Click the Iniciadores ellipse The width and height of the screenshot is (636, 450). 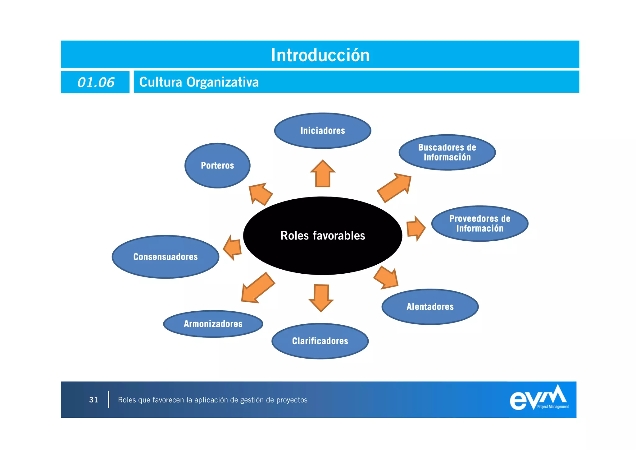tap(322, 131)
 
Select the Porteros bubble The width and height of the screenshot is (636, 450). tap(217, 165)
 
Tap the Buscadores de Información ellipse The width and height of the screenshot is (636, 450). tap(447, 152)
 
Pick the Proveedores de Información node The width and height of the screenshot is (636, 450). tap(479, 224)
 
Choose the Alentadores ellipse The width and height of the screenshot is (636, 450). tap(430, 307)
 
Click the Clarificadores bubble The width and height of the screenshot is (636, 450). tap(320, 341)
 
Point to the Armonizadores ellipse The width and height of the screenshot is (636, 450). tap(213, 324)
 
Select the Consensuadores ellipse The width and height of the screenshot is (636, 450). tap(166, 257)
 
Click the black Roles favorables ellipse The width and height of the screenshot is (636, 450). tap(322, 236)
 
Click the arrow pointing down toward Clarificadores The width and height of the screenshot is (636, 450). tap(321, 297)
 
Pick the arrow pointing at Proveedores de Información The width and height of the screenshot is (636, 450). tap(416, 228)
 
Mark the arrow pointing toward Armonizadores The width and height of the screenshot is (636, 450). tap(257, 288)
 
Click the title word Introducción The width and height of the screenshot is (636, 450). tap(320, 55)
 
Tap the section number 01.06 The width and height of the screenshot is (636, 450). tap(96, 82)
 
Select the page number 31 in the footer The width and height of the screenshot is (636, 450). tap(93, 400)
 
